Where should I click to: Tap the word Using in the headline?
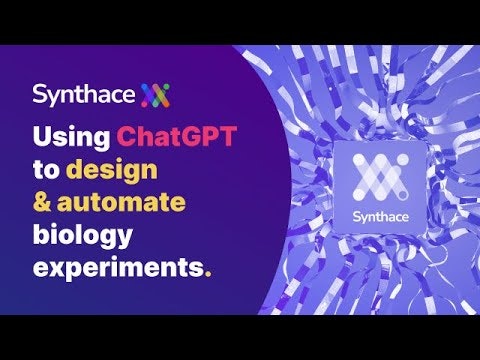pyautogui.click(x=72, y=134)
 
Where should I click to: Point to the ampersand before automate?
pyautogui.click(x=43, y=202)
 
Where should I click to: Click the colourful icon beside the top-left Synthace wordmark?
pyautogui.click(x=155, y=95)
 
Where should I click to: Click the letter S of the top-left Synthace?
pyautogui.click(x=39, y=95)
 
